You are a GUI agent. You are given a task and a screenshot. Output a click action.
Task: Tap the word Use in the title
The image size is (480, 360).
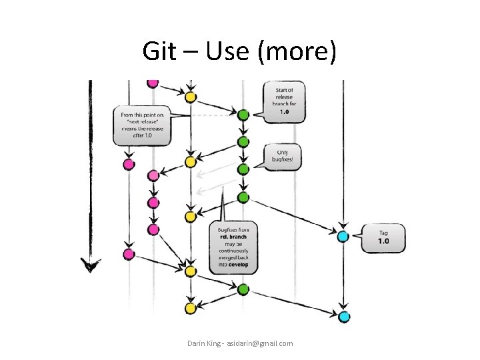point(224,51)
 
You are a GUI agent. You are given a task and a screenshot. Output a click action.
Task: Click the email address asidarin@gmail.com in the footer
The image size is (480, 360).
point(259,343)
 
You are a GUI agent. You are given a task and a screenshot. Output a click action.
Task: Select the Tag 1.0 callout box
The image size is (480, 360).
point(383,237)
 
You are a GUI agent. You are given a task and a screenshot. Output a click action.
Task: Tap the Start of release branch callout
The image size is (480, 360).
point(284,101)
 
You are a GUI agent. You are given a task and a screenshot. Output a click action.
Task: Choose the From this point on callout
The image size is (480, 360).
point(142,125)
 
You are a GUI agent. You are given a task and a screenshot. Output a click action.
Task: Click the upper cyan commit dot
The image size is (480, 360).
point(343,236)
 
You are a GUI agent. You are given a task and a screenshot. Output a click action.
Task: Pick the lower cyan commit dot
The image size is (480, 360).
point(343,317)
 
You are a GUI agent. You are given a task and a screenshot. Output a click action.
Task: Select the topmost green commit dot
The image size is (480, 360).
point(243,115)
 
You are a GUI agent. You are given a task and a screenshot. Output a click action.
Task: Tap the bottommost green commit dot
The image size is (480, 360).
point(243,289)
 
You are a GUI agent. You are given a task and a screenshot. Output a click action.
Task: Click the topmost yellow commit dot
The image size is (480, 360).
point(190,97)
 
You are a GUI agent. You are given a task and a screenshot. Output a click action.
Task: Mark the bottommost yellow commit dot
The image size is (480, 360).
point(190,308)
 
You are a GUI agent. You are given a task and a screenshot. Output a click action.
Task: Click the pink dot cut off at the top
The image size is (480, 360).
point(153,83)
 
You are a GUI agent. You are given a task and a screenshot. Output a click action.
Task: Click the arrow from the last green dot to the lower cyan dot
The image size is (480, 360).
point(293,303)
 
